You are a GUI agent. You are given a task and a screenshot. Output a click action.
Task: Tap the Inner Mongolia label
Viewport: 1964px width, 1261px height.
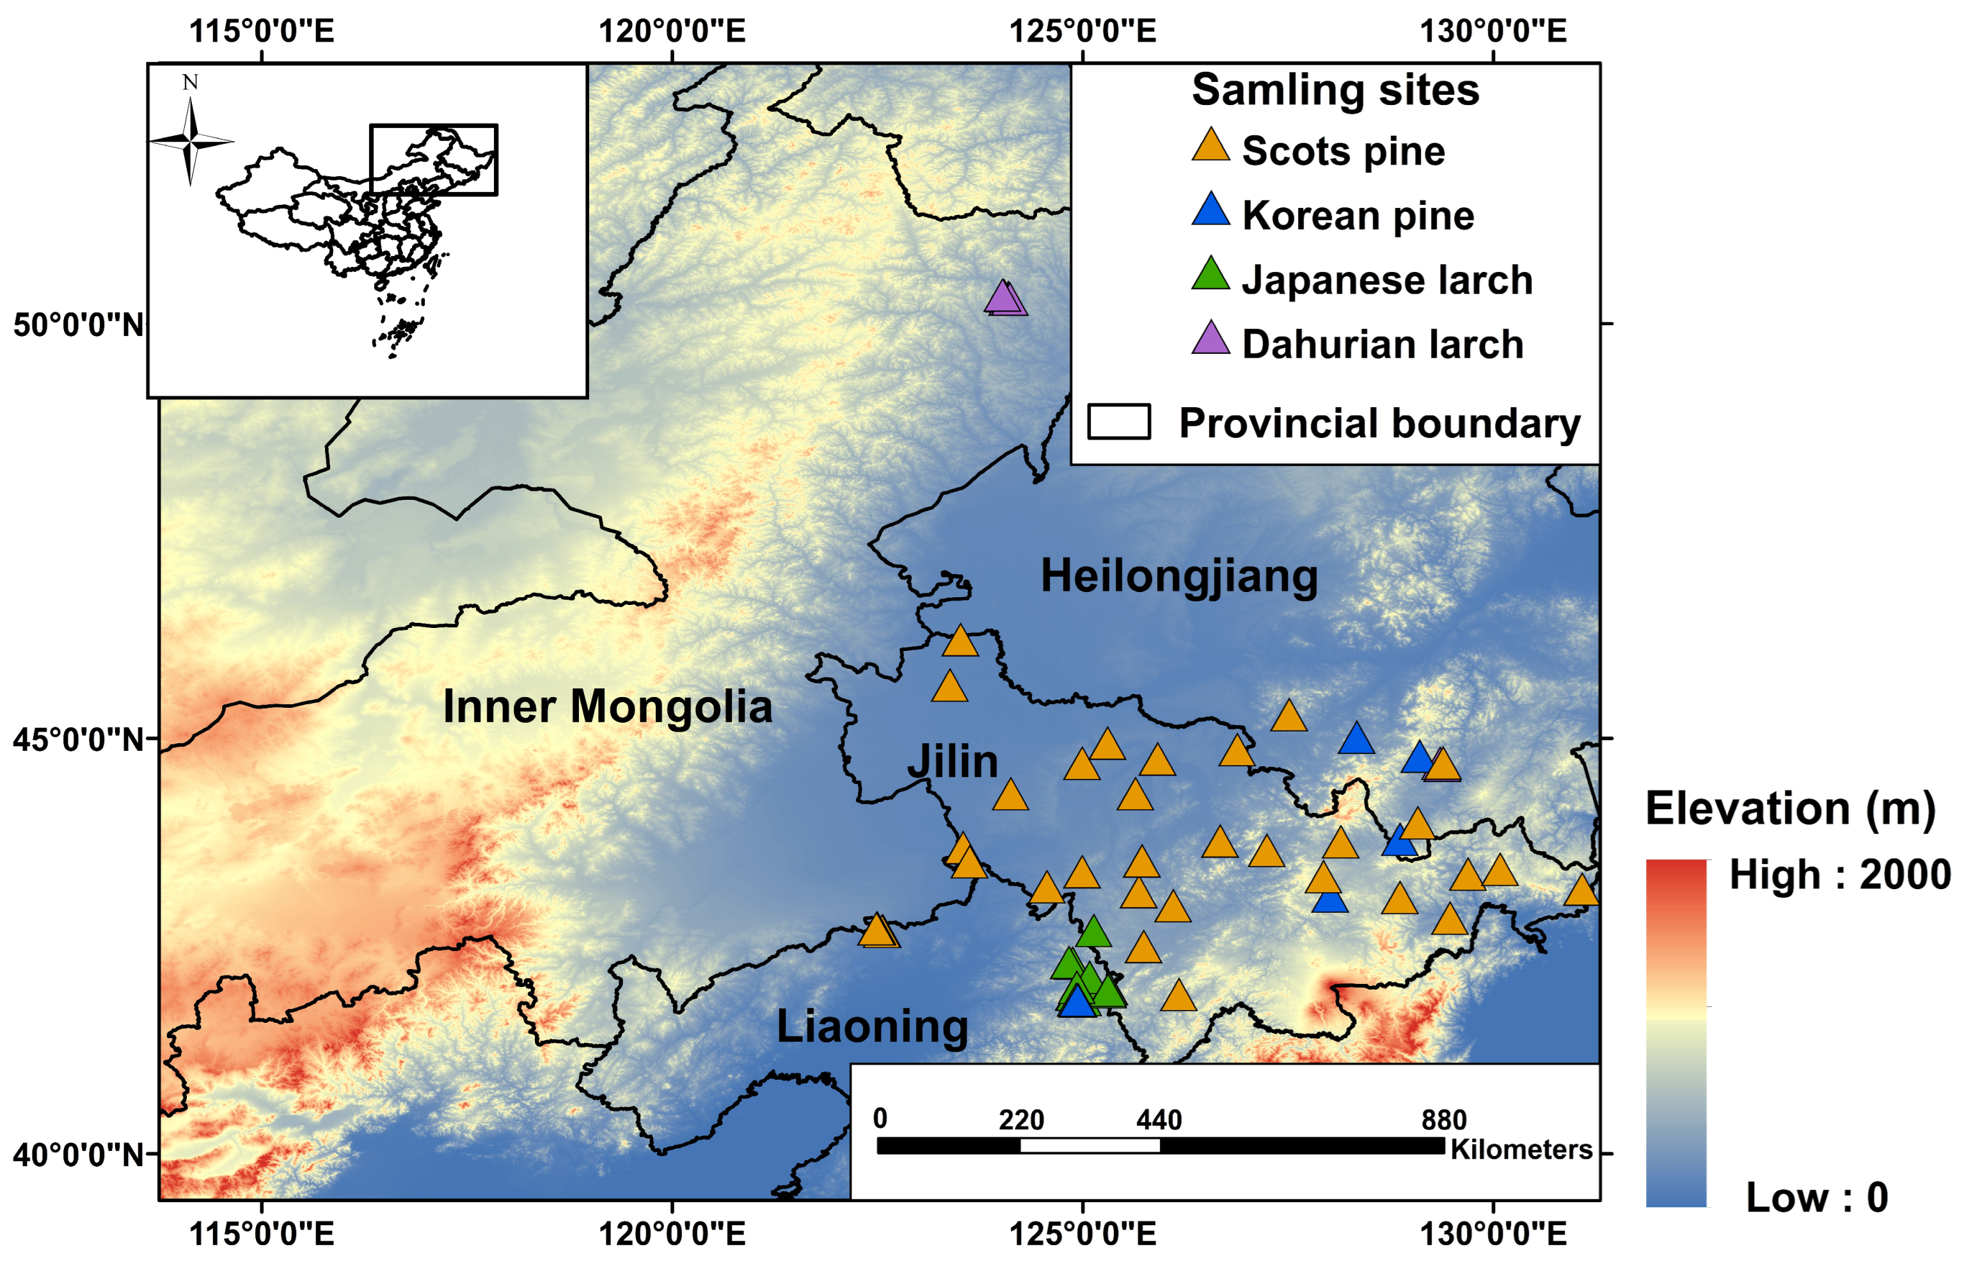click(x=607, y=706)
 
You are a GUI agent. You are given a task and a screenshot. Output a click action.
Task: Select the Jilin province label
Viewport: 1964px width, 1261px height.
click(x=953, y=762)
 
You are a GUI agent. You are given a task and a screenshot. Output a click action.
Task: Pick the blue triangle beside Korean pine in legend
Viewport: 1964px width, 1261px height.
click(x=1210, y=211)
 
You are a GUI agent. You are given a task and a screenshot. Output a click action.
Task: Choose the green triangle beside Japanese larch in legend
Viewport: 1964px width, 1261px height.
click(x=1210, y=275)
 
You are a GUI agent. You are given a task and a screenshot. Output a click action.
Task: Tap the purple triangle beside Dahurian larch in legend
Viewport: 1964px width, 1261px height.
click(x=1210, y=339)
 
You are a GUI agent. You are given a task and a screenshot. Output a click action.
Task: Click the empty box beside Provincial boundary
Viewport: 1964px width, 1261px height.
click(x=1119, y=422)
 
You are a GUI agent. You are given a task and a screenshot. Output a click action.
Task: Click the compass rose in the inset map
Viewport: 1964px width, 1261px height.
click(x=191, y=141)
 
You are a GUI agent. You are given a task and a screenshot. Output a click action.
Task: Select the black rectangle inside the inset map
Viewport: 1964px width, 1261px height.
click(x=433, y=159)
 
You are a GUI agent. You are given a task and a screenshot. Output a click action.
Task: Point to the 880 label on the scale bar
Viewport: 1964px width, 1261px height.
click(x=1443, y=1120)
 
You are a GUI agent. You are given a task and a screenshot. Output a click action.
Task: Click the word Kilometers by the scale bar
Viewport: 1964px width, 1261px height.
click(x=1521, y=1150)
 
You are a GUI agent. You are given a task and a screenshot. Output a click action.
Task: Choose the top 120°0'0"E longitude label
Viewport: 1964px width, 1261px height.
click(x=672, y=31)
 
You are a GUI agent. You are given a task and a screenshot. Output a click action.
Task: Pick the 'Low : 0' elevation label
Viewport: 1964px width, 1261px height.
click(x=1817, y=1197)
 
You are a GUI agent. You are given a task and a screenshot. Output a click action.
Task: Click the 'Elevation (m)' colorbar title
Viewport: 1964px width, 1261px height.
click(x=1791, y=809)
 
